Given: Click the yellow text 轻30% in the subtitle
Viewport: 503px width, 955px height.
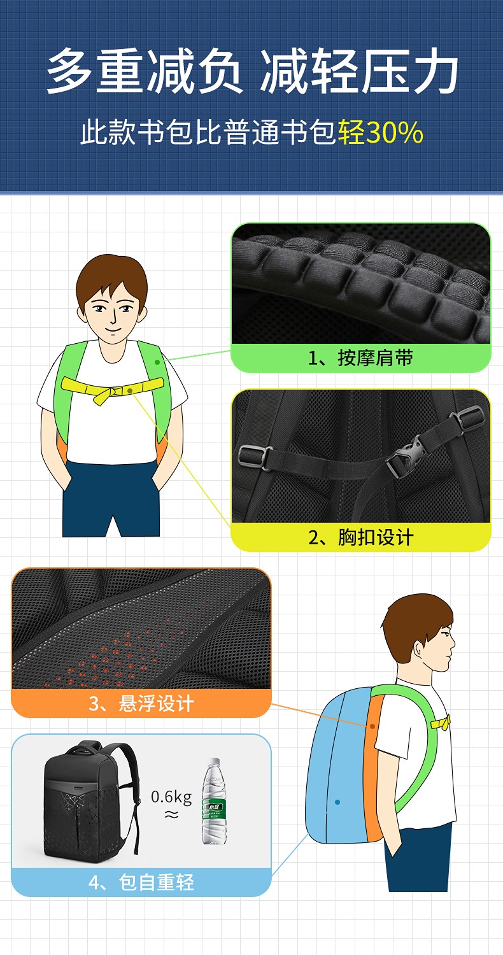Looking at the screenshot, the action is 381,132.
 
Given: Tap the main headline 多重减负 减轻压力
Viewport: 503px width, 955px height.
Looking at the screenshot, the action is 252,71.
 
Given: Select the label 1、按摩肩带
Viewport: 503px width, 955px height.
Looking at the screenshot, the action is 360,358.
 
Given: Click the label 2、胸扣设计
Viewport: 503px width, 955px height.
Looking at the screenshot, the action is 360,537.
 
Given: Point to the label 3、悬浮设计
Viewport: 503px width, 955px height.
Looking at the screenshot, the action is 141,703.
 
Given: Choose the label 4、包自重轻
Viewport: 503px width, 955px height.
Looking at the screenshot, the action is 141,882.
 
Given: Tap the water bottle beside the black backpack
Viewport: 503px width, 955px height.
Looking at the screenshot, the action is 213,801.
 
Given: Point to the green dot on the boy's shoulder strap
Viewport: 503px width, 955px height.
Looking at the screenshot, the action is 157,362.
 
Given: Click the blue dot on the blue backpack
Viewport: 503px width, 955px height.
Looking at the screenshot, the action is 337,802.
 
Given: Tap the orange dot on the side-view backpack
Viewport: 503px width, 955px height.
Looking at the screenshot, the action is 372,726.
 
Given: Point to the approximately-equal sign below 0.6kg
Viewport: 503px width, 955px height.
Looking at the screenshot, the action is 171,815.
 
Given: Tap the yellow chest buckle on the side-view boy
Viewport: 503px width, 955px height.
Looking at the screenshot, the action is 441,723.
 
